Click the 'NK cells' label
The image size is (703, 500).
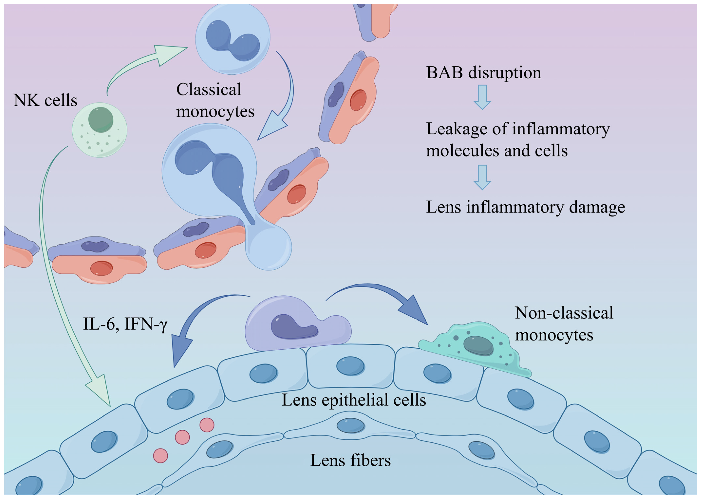coord(45,100)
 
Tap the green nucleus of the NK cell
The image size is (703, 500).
coord(101,119)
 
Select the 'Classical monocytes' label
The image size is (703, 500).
coord(215,100)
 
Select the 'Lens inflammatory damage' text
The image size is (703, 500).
coord(525,207)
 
